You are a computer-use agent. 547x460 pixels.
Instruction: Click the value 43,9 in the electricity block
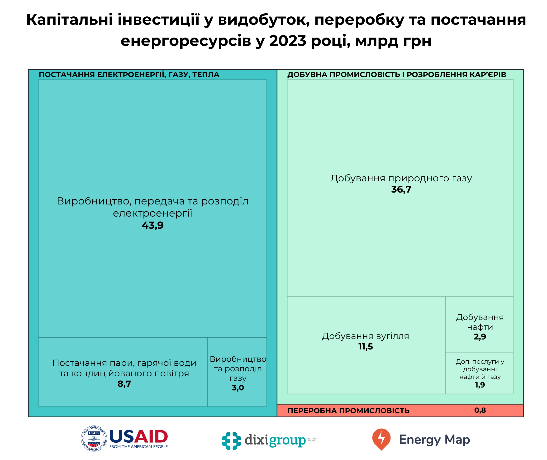point(153,225)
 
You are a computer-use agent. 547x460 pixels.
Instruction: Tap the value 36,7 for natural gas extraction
point(401,189)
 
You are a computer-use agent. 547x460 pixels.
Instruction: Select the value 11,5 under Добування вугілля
point(366,347)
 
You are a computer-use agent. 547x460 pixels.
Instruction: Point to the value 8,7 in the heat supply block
point(124,384)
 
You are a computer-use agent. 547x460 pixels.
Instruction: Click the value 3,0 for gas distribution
point(238,388)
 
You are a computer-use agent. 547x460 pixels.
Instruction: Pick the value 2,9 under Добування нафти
point(480,337)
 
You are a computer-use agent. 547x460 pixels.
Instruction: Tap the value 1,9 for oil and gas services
point(480,385)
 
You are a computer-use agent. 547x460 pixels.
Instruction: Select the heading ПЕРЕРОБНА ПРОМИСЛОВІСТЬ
point(348,411)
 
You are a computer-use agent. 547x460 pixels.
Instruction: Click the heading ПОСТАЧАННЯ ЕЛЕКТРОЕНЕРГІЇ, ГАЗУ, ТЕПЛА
point(129,75)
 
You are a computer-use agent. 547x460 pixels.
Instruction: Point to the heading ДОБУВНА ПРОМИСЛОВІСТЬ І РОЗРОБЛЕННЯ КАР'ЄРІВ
point(396,75)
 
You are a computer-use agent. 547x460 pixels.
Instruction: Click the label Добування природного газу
point(401,178)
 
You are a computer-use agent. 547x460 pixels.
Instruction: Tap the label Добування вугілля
point(366,336)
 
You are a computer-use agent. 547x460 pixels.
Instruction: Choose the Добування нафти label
point(480,322)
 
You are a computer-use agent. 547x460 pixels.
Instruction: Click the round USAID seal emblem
point(94,438)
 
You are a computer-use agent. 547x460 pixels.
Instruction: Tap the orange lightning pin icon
point(381,439)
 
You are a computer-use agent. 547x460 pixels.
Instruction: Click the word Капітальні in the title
point(70,19)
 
